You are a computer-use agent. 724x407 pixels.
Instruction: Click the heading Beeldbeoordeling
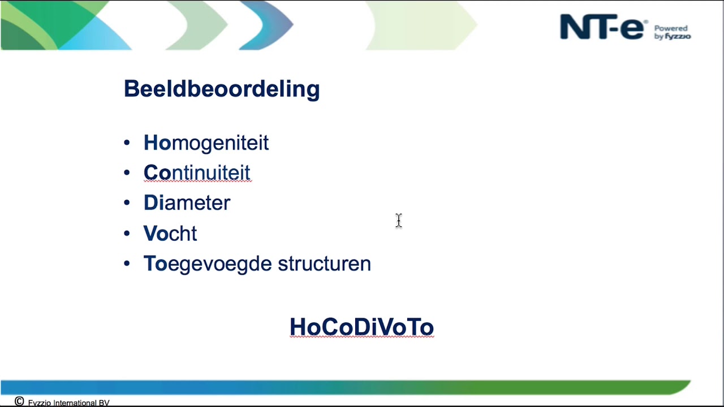(222, 89)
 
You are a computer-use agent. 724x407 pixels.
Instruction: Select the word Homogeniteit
(206, 143)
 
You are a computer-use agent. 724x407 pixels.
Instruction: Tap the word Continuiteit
(197, 173)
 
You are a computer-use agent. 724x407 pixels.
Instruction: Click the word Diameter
(187, 203)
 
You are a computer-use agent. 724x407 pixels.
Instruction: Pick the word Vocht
(170, 233)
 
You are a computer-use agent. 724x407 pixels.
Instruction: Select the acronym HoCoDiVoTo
(361, 327)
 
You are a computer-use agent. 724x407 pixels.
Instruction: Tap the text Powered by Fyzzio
(672, 32)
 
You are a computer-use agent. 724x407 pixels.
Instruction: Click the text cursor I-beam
(398, 220)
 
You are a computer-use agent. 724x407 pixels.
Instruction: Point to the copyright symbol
(19, 401)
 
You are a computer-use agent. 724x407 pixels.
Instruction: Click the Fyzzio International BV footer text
(68, 403)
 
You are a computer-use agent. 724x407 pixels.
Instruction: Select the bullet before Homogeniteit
(127, 143)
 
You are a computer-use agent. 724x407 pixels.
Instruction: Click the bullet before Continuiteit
(127, 173)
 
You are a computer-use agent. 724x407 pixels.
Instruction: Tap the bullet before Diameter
(127, 203)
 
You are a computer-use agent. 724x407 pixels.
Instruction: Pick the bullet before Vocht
(127, 233)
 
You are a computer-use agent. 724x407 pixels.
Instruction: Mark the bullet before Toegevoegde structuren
(127, 263)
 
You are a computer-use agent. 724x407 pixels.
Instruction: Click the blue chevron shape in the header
(271, 25)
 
